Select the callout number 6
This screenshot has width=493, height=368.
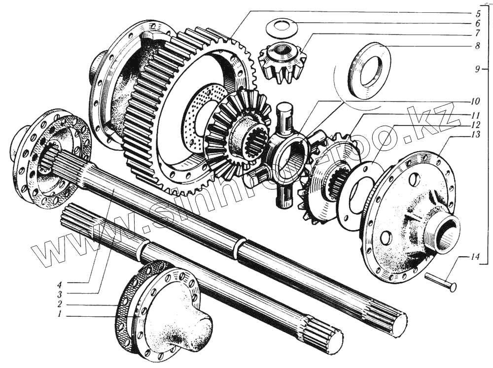click(478, 23)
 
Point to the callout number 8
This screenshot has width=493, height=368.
click(478, 46)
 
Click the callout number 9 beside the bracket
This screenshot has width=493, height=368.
click(477, 69)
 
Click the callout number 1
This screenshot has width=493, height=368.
click(59, 314)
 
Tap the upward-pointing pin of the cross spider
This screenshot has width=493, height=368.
click(285, 116)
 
